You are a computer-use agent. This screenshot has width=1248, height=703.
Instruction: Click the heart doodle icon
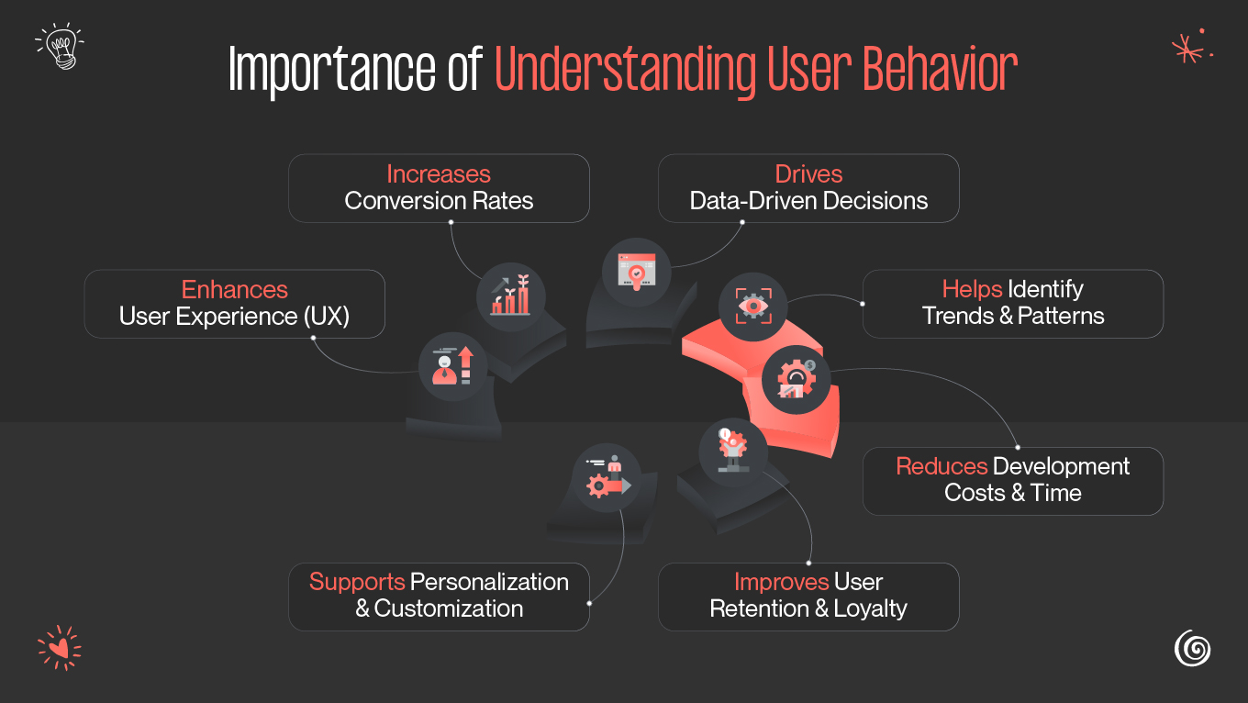(x=59, y=648)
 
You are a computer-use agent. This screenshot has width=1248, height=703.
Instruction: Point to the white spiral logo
(x=1192, y=648)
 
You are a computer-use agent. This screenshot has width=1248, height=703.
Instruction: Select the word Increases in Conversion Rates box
(x=439, y=173)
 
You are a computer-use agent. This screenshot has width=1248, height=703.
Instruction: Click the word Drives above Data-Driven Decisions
(x=808, y=173)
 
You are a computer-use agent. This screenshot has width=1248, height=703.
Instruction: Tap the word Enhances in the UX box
(x=235, y=289)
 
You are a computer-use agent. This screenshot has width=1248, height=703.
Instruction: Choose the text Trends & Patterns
(x=1013, y=316)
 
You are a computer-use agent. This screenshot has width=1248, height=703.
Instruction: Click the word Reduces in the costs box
(x=942, y=465)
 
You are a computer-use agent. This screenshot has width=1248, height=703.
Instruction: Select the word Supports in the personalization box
(x=357, y=581)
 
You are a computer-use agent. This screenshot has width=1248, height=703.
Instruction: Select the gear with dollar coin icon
(x=796, y=379)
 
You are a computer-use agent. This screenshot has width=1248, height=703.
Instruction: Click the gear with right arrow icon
(x=607, y=478)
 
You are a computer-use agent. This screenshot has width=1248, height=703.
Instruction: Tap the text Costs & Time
(x=1013, y=493)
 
